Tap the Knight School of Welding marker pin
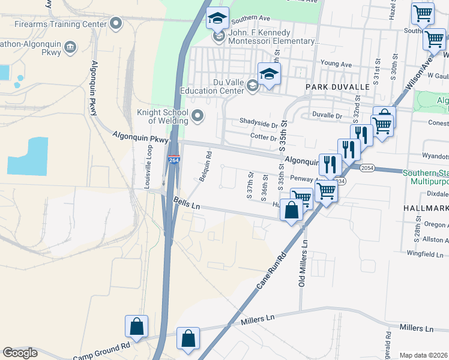tap(197, 115)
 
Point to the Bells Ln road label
tap(186, 203)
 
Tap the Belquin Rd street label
tap(205, 166)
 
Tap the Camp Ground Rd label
tap(101, 350)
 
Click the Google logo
tap(20, 353)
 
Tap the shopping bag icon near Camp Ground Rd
tap(137, 327)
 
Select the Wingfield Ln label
tap(429, 254)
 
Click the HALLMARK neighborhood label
tap(427, 208)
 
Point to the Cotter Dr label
tap(262, 137)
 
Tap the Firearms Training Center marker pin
tap(116, 24)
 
